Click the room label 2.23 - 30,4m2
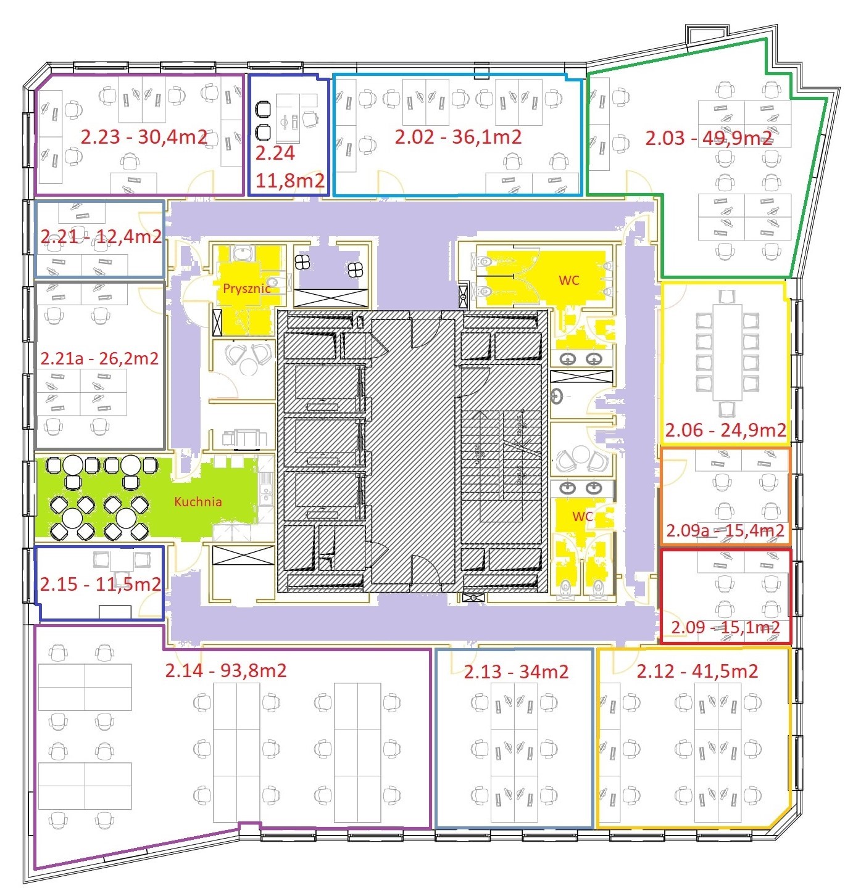(x=144, y=137)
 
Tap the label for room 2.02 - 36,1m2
(x=458, y=137)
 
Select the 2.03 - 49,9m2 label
(x=709, y=138)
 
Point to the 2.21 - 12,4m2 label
(x=101, y=236)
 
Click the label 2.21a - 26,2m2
(x=99, y=358)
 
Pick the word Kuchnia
(x=198, y=502)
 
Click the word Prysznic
(x=247, y=288)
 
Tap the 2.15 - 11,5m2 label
(x=101, y=584)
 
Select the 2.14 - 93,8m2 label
(x=226, y=670)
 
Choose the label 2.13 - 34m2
(x=516, y=672)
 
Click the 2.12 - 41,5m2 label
(x=697, y=671)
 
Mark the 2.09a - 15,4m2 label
(x=725, y=530)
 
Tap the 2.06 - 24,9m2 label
(x=725, y=430)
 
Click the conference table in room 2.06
(x=727, y=352)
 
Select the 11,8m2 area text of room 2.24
(x=289, y=181)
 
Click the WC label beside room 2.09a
(x=583, y=516)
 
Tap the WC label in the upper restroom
(x=569, y=281)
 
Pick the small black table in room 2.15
(x=115, y=611)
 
